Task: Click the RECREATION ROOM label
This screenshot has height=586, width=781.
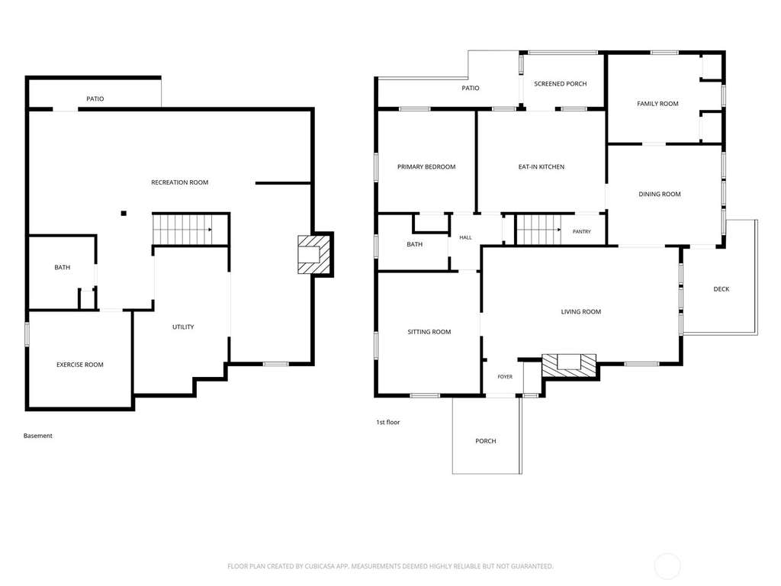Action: pos(180,182)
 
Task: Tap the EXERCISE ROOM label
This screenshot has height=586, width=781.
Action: pos(79,365)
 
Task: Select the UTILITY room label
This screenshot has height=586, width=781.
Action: pos(183,327)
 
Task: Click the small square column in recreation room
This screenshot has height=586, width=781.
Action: pos(124,214)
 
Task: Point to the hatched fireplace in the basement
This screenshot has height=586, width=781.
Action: pos(314,254)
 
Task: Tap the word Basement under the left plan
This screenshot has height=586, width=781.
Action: pos(38,436)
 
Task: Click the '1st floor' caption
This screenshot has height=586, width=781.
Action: pos(388,422)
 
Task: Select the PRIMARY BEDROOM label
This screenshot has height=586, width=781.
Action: pos(426,167)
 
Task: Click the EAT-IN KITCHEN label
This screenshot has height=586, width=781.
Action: pos(542,167)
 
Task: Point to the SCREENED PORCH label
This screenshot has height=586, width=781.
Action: pos(561,84)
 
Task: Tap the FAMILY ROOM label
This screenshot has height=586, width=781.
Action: pos(657,104)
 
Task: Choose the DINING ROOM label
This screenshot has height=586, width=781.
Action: pos(660,195)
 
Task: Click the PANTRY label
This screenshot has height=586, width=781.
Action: pos(582,232)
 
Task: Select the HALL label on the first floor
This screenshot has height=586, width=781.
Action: pos(466,238)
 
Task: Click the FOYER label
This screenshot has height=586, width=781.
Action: pos(505,377)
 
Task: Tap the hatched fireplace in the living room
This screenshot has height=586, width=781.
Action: pos(569,365)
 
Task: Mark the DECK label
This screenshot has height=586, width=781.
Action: pos(722,289)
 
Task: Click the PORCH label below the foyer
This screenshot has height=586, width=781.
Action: pos(486,441)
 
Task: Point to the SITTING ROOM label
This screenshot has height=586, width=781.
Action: pos(429,332)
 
